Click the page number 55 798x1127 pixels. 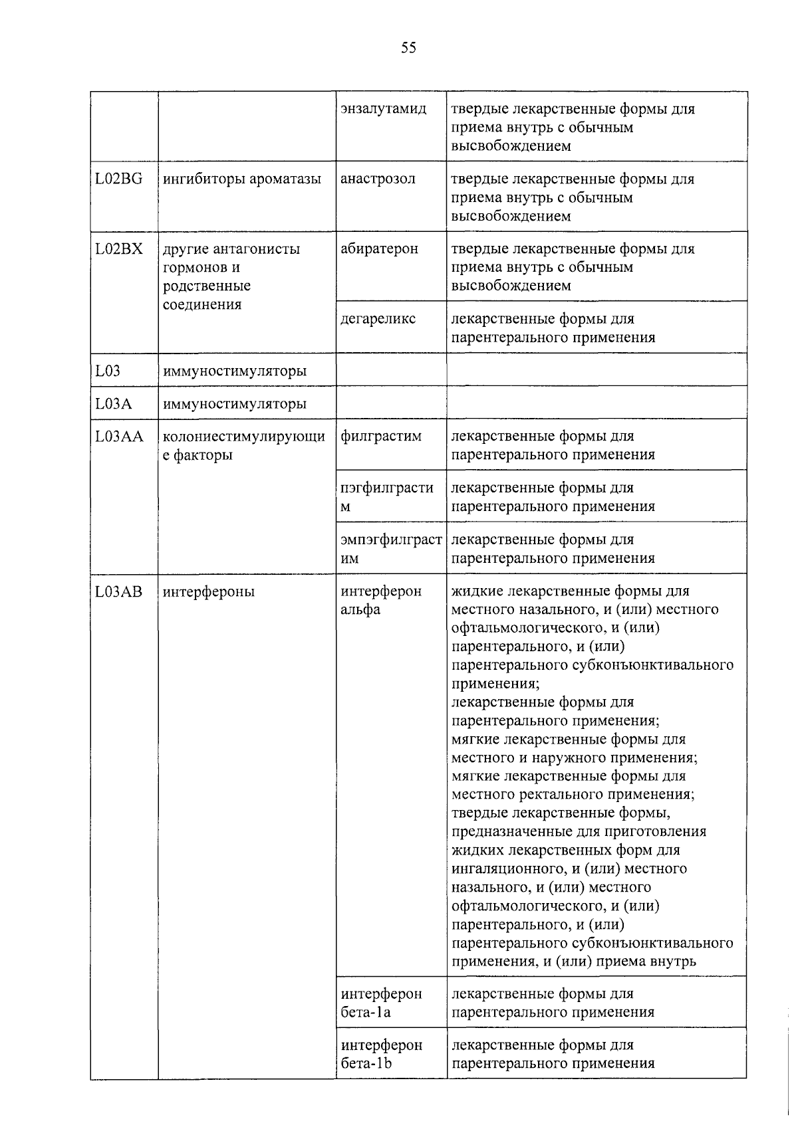pos(408,47)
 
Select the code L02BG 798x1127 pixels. pos(119,179)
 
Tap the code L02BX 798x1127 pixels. pos(119,249)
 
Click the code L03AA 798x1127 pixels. pos(120,437)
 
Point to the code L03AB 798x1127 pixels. pos(119,591)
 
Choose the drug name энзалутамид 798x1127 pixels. pos(383,108)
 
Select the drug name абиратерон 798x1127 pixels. pos(379,249)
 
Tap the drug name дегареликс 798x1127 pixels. pos(378,319)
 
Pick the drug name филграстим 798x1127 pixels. pos(381,437)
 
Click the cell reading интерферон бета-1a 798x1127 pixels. pos(381,1003)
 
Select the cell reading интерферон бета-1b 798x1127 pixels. pos(381,1054)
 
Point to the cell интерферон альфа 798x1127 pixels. pos(381,600)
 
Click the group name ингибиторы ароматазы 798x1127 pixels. pos(242,179)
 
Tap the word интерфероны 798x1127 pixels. pos(209,591)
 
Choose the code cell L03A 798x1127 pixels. pos(114,404)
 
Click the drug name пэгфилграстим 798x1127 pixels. pos(386,497)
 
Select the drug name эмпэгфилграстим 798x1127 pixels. pos(391,549)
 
